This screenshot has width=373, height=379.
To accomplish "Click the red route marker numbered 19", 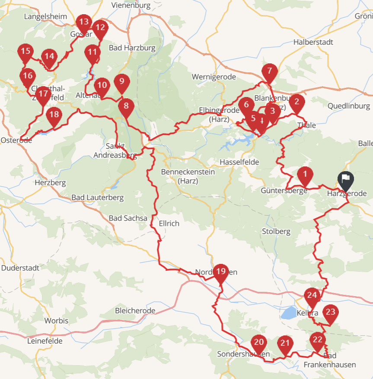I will (221, 272).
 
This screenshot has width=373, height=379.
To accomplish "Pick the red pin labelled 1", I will (305, 175).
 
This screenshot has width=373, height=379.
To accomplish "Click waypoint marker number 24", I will (312, 296).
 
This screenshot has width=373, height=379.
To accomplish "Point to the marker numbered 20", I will (259, 343).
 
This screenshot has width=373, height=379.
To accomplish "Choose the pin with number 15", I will (26, 52).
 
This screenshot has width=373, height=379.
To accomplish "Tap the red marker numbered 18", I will (54, 115).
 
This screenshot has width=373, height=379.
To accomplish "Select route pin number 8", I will (126, 106).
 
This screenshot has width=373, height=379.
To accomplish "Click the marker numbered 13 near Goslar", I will (83, 22).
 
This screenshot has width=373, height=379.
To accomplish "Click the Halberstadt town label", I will (313, 42).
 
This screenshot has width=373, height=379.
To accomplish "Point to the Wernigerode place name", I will (214, 77).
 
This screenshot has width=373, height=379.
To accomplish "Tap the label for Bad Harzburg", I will (132, 48).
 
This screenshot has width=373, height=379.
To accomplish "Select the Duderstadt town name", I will (20, 268).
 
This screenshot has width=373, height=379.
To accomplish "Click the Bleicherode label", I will (135, 310).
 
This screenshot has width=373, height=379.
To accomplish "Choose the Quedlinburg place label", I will (349, 106).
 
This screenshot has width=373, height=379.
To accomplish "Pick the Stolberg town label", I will (276, 232).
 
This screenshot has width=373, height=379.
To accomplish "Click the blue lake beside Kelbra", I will (288, 313).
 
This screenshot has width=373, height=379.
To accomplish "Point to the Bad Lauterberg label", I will (97, 197).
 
